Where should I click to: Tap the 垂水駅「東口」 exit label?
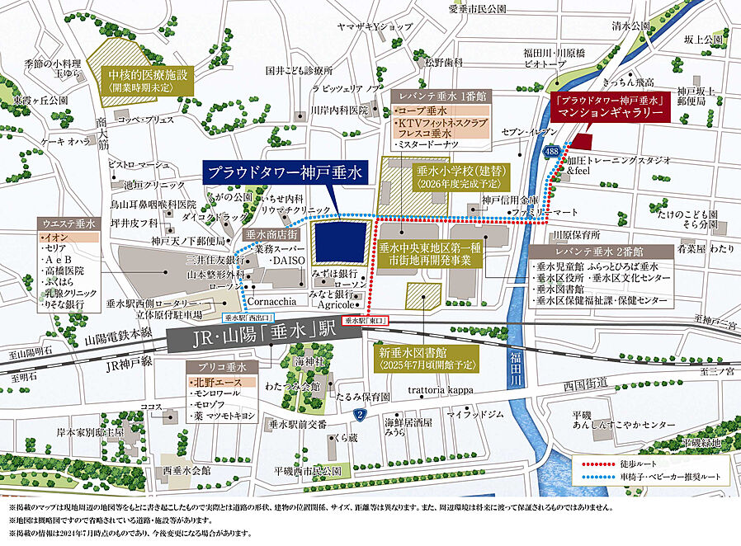(x=365, y=318)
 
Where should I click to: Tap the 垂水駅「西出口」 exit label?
(x=248, y=317)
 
